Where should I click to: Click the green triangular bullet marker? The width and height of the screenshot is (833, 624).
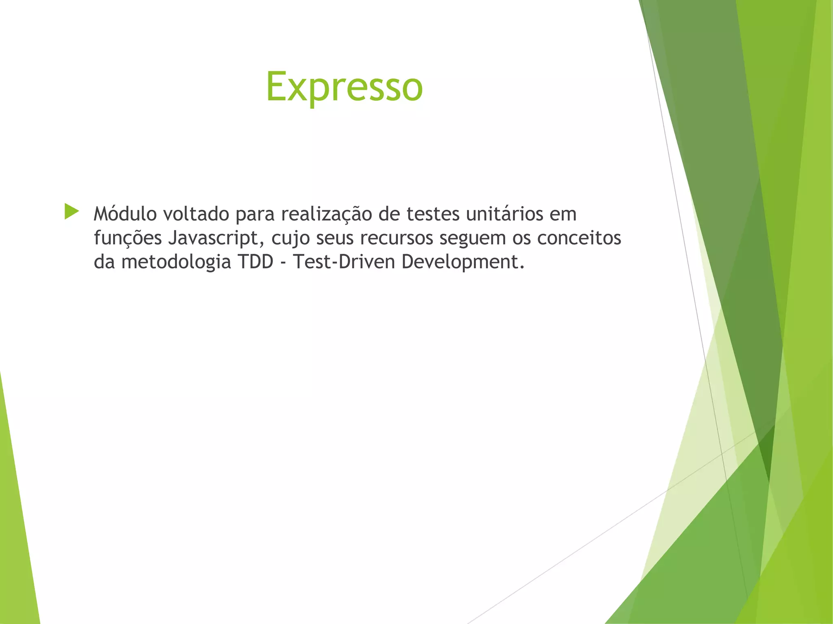click(x=71, y=212)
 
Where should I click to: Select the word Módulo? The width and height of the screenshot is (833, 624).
click(x=125, y=214)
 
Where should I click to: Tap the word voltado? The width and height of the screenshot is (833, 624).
click(x=196, y=214)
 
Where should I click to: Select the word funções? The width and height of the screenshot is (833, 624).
click(x=128, y=238)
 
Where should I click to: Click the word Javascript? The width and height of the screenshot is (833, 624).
click(x=214, y=238)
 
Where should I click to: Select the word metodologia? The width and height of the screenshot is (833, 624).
click(x=176, y=262)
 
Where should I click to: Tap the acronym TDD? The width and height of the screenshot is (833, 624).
click(x=256, y=261)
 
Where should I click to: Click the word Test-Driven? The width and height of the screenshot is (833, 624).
click(x=344, y=261)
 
